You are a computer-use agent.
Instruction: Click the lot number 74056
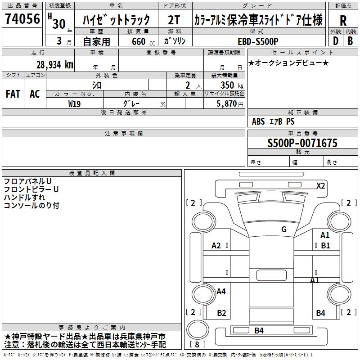pyautogui.click(x=22, y=18)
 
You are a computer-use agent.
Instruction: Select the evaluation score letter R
pyautogui.click(x=343, y=21)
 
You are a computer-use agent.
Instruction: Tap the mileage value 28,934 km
pyautogui.click(x=55, y=65)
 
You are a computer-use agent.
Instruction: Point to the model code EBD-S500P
pyautogui.click(x=258, y=41)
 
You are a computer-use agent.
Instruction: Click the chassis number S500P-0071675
pyautogui.click(x=302, y=143)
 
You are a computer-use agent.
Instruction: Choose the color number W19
pyautogui.click(x=74, y=104)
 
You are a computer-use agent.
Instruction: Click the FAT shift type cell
pyautogui.click(x=13, y=94)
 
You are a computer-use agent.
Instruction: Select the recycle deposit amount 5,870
pyautogui.click(x=227, y=104)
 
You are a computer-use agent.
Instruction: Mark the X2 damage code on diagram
pyautogui.click(x=321, y=185)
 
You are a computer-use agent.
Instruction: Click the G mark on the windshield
pyautogui.click(x=284, y=229)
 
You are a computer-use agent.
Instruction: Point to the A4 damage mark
pyautogui.click(x=221, y=291)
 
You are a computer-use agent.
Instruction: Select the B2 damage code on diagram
pyautogui.click(x=221, y=313)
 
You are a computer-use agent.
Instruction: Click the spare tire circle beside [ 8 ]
pyautogui.click(x=198, y=329)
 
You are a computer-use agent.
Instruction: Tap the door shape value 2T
pyautogui.click(x=174, y=20)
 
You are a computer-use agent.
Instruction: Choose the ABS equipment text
pyautogui.click(x=258, y=121)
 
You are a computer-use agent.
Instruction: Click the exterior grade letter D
pyautogui.click(x=336, y=41)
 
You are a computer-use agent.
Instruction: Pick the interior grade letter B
pyautogui.click(x=350, y=41)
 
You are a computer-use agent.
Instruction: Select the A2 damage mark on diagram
pyautogui.click(x=216, y=246)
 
